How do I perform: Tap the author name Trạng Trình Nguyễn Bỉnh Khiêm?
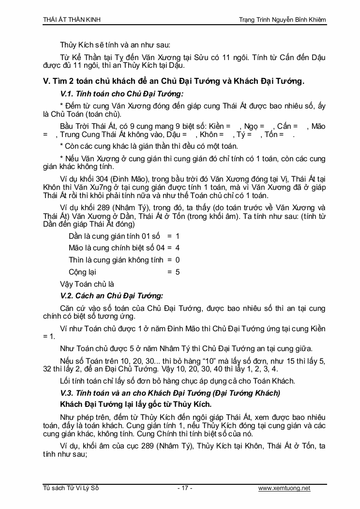pos(283,19)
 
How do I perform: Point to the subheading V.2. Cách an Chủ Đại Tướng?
pos(111,295)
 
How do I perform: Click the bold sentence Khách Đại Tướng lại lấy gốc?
pos(136,403)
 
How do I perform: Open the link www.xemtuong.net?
pos(284,488)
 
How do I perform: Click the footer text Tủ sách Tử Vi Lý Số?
pos(71,488)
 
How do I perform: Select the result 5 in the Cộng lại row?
pos(178,272)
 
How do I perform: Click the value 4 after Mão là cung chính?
pos(178,247)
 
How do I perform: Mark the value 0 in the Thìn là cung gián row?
pos(178,260)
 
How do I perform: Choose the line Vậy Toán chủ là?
pos(87,284)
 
